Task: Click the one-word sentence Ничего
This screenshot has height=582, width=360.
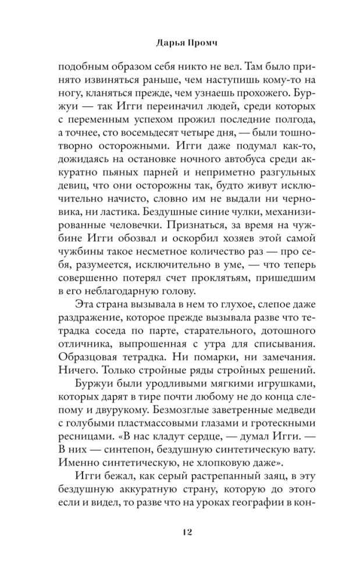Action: (x=76, y=370)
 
